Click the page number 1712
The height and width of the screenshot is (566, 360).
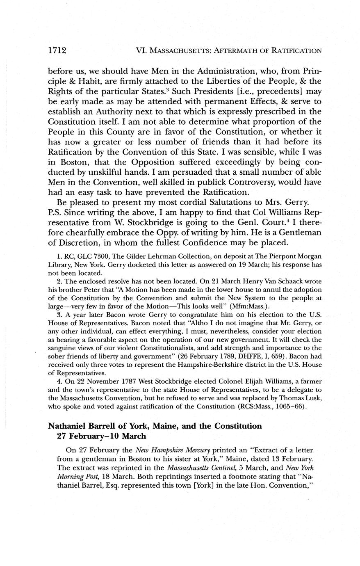click(x=57, y=50)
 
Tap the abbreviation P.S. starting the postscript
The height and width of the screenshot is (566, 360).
click(x=55, y=212)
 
